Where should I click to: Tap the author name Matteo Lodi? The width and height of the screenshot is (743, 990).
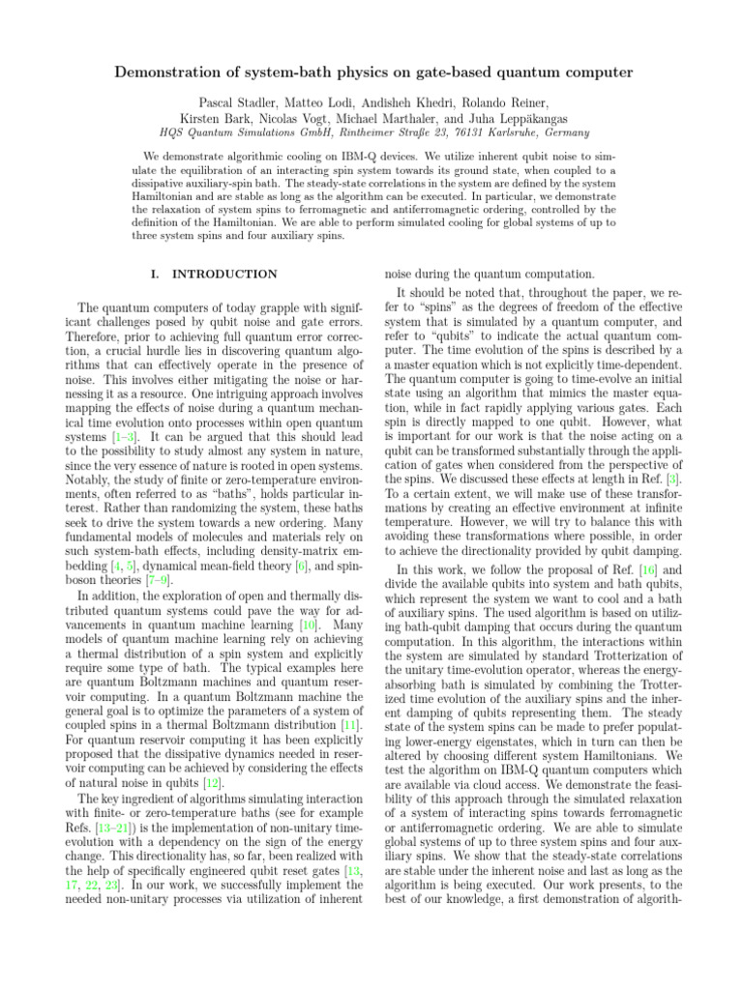(346, 102)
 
